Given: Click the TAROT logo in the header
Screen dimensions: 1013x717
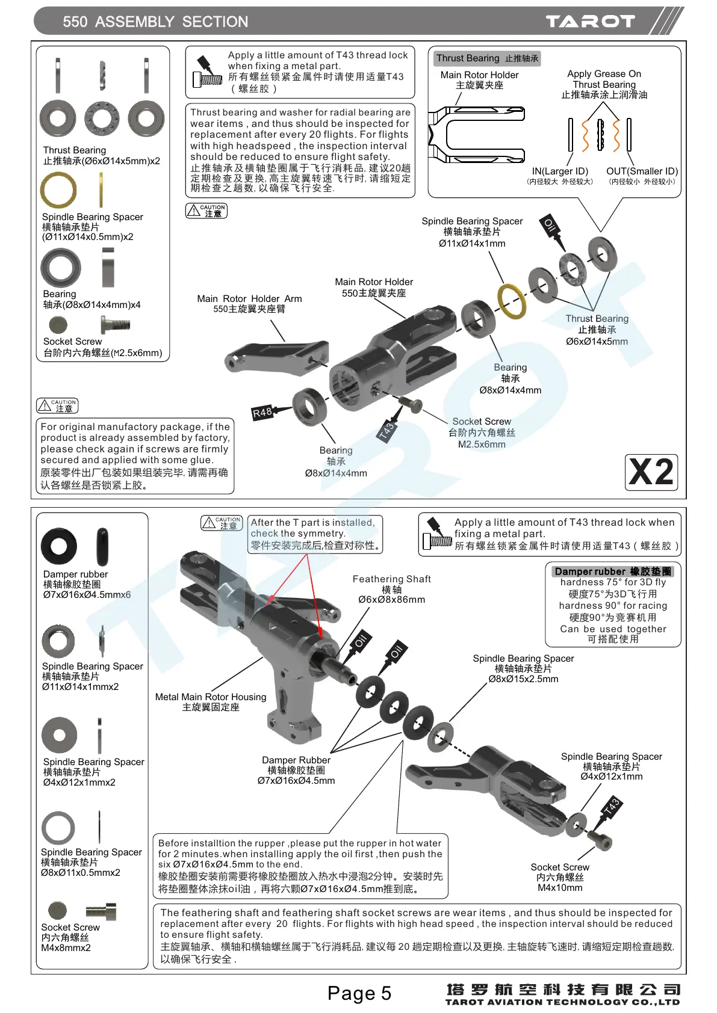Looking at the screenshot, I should [x=590, y=22].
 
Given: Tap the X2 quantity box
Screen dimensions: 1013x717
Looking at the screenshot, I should [x=651, y=472].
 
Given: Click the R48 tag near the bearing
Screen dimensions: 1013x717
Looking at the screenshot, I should [x=262, y=413].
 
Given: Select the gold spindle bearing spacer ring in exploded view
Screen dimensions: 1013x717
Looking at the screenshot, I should [x=511, y=301].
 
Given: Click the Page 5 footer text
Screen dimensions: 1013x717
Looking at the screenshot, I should [x=359, y=993].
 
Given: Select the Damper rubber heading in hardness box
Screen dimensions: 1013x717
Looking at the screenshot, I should [x=612, y=571].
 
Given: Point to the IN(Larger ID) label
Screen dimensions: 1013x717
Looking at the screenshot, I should [x=560, y=171].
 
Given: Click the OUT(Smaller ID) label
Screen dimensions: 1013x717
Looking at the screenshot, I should [x=642, y=171].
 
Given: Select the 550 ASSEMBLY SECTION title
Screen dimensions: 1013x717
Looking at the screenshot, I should [x=155, y=22].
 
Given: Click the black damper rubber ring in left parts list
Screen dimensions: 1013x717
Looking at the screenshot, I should [x=59, y=546].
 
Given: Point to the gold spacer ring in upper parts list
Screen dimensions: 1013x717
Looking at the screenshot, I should [x=58, y=190].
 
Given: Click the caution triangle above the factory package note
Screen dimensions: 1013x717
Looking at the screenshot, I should [x=45, y=405].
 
